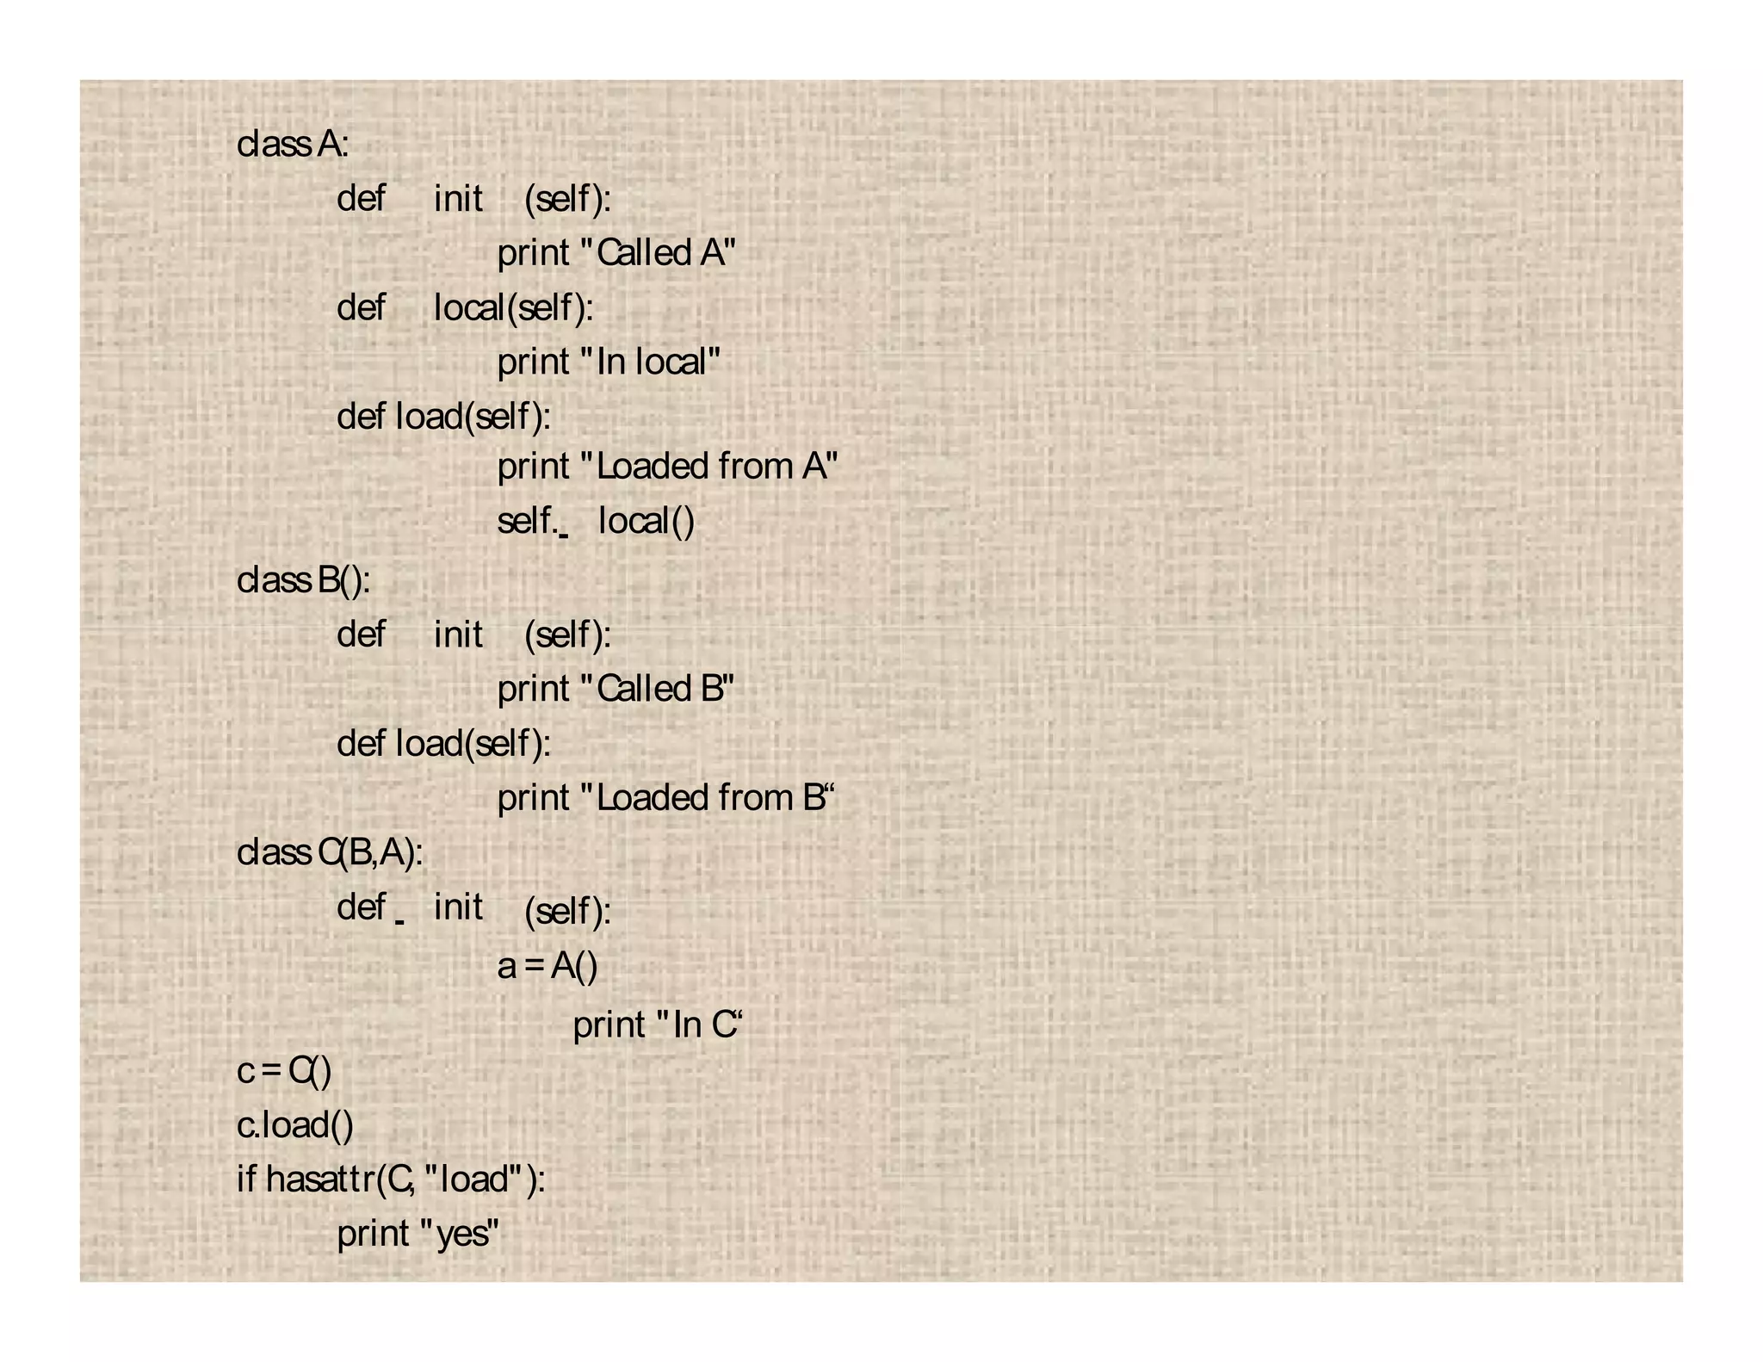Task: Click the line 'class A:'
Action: click(293, 144)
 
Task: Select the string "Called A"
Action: click(659, 253)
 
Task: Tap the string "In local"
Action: click(651, 362)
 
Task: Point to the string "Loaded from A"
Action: click(709, 467)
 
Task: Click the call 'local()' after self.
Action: click(646, 521)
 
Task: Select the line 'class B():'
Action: click(303, 580)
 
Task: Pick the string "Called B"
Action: click(659, 689)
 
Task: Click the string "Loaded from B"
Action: click(708, 798)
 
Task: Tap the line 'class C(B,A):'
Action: click(330, 853)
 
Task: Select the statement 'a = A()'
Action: click(547, 966)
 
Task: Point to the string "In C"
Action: click(699, 1025)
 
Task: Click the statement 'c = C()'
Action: click(284, 1071)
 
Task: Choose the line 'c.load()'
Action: click(295, 1125)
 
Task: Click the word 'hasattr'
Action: click(320, 1179)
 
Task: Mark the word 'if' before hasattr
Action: click(246, 1179)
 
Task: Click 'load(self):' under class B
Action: click(473, 744)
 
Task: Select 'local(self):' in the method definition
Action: click(513, 307)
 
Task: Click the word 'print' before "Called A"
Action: click(534, 253)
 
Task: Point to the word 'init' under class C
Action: click(458, 907)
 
